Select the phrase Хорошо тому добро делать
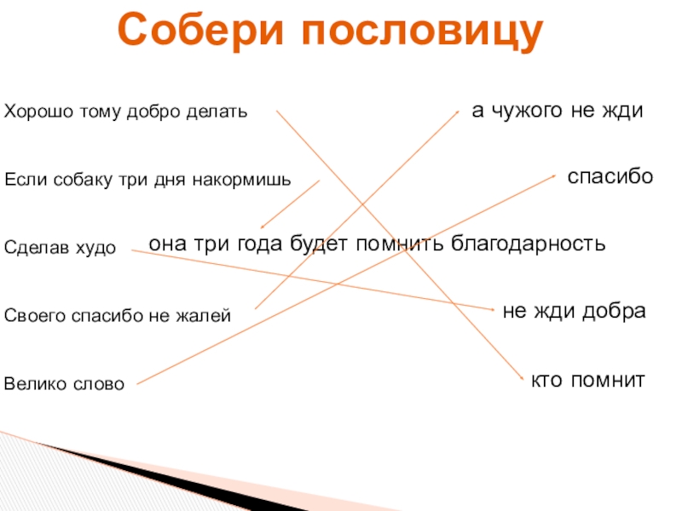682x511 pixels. point(126,112)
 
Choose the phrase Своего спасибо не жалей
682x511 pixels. point(118,316)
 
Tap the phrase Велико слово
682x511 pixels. point(64,384)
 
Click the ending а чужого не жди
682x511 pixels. point(557,112)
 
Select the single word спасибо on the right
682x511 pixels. point(610,177)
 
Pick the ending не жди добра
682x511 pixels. point(574,311)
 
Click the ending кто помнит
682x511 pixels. point(587,378)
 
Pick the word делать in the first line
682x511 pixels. point(223,112)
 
